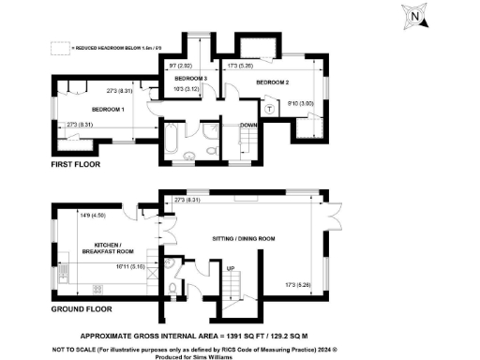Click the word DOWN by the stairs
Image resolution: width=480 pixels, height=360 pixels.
tap(249, 125)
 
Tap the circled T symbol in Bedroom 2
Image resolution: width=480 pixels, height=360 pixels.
tap(269, 109)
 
